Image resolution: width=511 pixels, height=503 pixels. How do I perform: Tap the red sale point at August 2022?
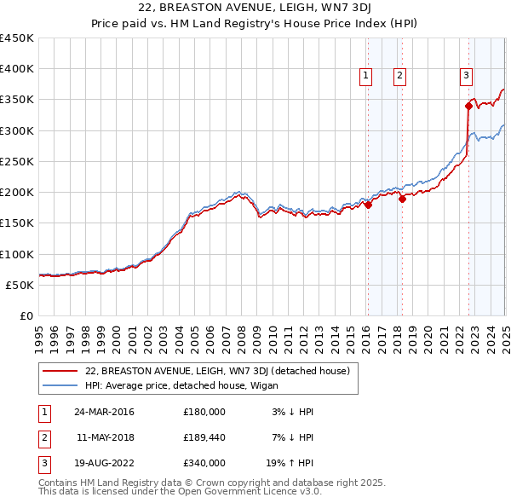(x=468, y=106)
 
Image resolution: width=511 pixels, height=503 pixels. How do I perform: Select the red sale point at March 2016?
(x=368, y=205)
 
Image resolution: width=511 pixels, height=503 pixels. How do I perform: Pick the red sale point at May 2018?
(x=402, y=199)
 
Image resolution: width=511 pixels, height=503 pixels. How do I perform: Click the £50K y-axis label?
(x=20, y=285)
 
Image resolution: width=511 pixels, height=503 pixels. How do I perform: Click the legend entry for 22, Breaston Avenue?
(x=211, y=371)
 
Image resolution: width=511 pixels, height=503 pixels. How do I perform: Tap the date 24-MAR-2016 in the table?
(x=104, y=412)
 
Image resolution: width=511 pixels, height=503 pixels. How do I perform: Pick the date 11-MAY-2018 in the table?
(x=104, y=437)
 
